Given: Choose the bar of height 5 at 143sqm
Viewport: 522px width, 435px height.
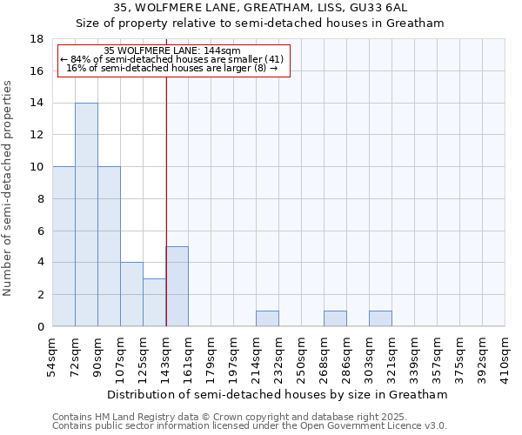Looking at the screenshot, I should (177, 286).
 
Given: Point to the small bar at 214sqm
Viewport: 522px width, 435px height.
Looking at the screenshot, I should (267, 318).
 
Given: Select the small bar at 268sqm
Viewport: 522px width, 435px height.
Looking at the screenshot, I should (335, 318).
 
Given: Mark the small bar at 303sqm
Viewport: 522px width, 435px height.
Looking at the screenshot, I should (380, 318).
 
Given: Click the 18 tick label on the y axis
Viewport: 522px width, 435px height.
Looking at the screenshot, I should (37, 39).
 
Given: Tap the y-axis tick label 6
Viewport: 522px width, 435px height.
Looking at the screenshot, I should (40, 231).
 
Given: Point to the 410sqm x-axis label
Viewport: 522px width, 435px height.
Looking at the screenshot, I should (505, 359).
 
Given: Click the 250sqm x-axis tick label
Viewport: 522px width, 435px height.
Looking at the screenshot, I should (301, 359).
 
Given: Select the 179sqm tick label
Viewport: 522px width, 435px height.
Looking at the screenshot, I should (211, 359).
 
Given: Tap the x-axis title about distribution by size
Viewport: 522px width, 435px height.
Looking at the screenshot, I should (278, 394).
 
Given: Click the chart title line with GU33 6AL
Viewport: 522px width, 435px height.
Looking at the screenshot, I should (261, 8).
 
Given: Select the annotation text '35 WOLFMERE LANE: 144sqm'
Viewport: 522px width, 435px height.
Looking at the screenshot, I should (171, 50).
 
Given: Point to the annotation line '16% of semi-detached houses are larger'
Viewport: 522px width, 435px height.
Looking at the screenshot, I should (171, 68).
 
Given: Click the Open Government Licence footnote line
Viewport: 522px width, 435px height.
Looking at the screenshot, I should (250, 426).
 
